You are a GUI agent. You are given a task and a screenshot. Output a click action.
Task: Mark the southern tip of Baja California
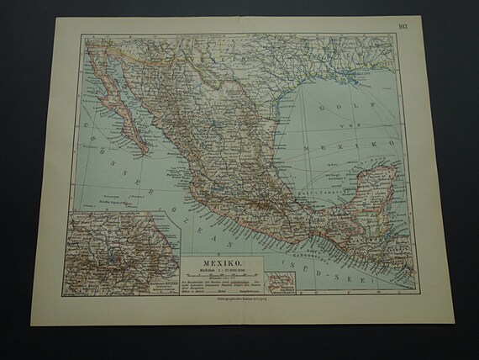[148, 151]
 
